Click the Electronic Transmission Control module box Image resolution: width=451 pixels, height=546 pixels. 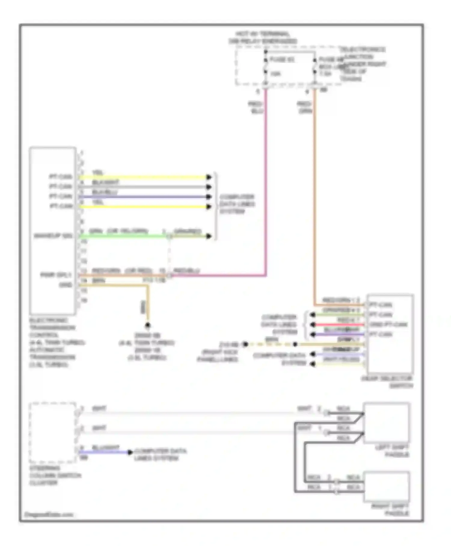[x=53, y=230]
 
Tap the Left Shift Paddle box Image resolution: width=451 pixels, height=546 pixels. [x=386, y=423]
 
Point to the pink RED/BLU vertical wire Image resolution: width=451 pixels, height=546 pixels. [x=265, y=181]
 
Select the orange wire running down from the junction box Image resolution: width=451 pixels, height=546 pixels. [x=314, y=196]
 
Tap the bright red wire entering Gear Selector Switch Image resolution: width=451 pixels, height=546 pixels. [x=340, y=324]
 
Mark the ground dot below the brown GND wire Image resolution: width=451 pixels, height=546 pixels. [x=148, y=325]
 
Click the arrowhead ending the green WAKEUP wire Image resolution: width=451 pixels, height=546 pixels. [x=209, y=236]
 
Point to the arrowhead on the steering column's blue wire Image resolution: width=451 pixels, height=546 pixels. [x=130, y=452]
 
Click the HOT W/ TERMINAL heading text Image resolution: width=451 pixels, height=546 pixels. [x=262, y=34]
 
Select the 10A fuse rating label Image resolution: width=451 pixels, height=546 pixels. [x=275, y=74]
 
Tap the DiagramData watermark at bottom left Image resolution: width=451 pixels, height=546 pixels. [x=49, y=515]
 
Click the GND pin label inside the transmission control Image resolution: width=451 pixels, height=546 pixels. [x=66, y=285]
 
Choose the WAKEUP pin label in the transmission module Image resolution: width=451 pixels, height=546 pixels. [x=53, y=236]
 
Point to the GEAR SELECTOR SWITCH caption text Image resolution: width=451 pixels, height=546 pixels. [x=387, y=382]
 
